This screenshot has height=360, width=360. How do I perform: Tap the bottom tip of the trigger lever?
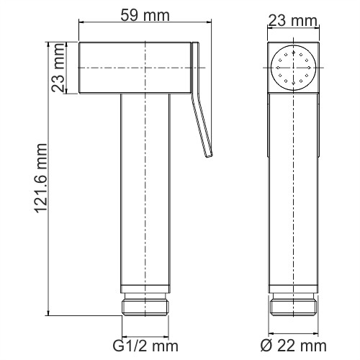click(209, 153)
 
